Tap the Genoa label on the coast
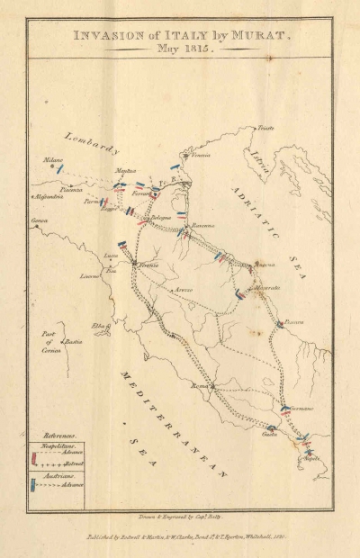click(40, 220)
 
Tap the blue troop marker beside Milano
click(60, 168)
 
